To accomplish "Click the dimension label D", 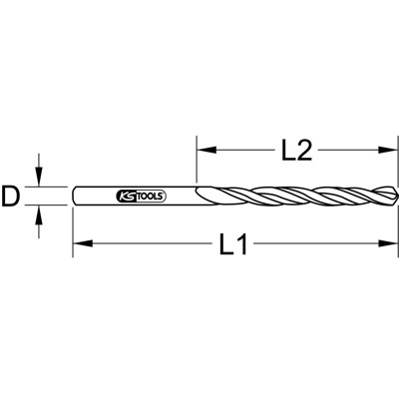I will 12,196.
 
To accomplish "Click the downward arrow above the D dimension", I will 40,179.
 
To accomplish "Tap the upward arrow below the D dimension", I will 40,212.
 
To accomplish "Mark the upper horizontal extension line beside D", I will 50,186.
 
